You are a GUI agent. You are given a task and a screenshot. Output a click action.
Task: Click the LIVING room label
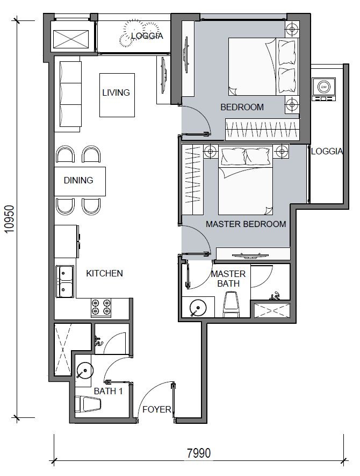tap(116, 93)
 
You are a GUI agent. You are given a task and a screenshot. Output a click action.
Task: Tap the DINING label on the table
tap(78, 180)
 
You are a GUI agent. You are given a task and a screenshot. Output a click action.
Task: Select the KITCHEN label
tap(104, 273)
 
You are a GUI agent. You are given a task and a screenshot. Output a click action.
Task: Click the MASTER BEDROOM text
tap(246, 224)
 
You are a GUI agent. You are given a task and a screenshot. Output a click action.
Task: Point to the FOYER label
tap(156, 409)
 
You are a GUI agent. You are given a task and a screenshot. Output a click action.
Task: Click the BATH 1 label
tap(109, 392)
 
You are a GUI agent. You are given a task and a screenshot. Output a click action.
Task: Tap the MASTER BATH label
tap(228, 279)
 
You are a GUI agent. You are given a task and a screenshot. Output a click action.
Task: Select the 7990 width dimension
tap(199, 453)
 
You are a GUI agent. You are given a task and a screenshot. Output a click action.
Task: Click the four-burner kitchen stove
tap(101, 307)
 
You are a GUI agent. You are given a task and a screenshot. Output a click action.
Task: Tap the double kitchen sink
tap(64, 281)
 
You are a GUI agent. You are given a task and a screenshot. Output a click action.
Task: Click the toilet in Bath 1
tap(88, 404)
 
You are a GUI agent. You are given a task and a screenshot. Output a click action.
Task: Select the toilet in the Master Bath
tap(232, 304)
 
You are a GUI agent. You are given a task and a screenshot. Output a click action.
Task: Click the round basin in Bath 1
tap(84, 371)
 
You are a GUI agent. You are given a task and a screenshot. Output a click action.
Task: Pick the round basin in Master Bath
tap(198, 308)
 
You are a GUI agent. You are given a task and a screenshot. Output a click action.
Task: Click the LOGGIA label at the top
tap(147, 36)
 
